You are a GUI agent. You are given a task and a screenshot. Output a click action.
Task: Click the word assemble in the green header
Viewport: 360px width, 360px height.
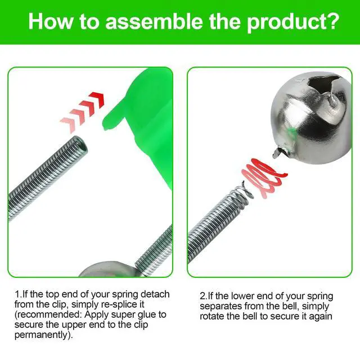point(154,21)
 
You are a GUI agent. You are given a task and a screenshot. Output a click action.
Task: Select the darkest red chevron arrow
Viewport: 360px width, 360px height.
point(97,99)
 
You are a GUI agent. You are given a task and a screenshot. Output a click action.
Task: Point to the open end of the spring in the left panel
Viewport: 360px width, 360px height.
point(81,145)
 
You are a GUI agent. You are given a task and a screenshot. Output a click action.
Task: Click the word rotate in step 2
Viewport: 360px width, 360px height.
point(212,316)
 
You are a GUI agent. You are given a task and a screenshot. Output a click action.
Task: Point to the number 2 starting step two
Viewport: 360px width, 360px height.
point(202,296)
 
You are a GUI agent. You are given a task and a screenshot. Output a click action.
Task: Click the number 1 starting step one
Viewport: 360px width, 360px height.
point(17,294)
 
